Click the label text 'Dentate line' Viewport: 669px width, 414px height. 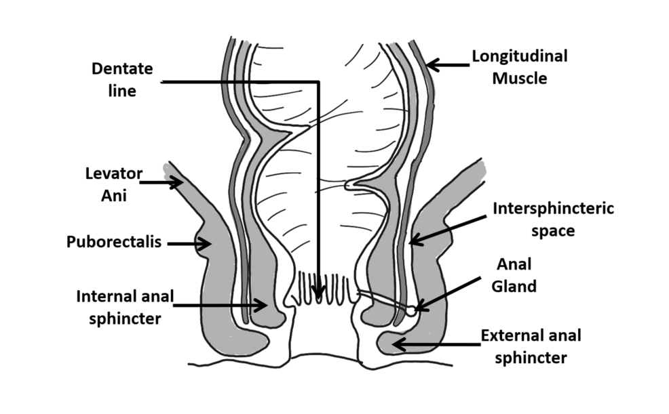122,79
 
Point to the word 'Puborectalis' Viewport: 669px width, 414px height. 114,241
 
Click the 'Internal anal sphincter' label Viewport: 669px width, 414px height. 125,306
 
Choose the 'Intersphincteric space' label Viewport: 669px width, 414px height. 553,219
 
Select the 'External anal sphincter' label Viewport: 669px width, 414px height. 531,346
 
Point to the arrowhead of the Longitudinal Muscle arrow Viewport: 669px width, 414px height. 432,66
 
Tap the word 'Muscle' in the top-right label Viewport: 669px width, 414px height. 520,78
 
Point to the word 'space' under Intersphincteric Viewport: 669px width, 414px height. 553,230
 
